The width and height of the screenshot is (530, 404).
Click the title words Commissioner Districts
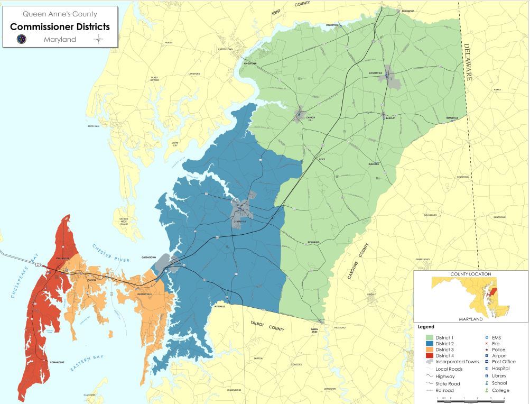pos(60,26)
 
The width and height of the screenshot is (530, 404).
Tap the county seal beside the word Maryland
pos(22,40)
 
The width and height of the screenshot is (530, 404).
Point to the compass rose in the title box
pos(99,40)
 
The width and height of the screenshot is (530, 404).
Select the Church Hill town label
pos(310,118)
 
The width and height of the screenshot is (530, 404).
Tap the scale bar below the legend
pos(470,397)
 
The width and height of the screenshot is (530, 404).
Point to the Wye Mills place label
pos(218,306)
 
